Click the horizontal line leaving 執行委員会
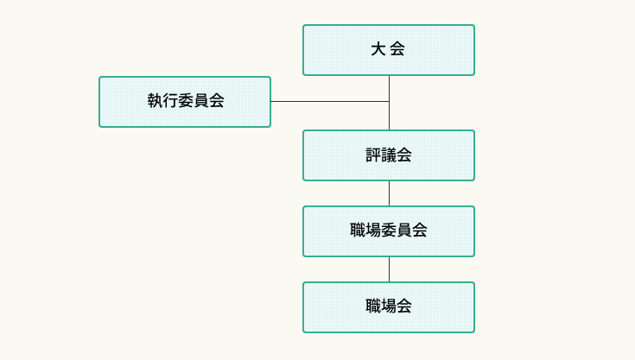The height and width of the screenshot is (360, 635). [x=328, y=102]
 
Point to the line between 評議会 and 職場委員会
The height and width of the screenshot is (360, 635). [x=389, y=193]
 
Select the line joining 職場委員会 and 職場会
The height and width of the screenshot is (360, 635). [x=389, y=269]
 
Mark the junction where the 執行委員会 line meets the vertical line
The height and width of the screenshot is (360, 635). [x=389, y=102]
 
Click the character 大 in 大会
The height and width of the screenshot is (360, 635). [x=378, y=49]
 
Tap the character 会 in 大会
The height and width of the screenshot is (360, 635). [x=398, y=49]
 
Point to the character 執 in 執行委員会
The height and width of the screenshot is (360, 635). [x=155, y=101]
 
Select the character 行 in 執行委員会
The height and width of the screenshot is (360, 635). [x=170, y=101]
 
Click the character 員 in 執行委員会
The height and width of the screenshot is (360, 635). [x=201, y=101]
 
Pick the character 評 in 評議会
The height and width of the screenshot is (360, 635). [x=373, y=155]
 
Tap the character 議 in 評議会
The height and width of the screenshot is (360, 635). [x=389, y=155]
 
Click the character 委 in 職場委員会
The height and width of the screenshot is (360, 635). [x=389, y=231]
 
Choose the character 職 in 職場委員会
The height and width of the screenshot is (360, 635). [x=358, y=231]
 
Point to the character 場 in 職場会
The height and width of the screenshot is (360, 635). [x=389, y=306]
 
